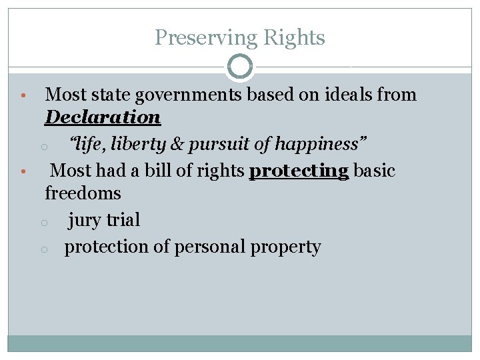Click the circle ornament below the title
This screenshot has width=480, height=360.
pos(240,67)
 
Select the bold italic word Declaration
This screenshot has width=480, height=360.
pos(103,117)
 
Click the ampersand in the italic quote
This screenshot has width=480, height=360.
pos(178,144)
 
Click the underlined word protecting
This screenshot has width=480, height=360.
pos(299,171)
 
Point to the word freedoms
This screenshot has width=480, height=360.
pos(83,193)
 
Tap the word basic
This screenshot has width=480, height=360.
pos(374,171)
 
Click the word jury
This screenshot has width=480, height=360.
pos(84,220)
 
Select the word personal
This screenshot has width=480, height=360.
pos(209,247)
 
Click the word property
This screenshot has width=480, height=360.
pos(285,247)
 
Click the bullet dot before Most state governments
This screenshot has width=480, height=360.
pos(23,97)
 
